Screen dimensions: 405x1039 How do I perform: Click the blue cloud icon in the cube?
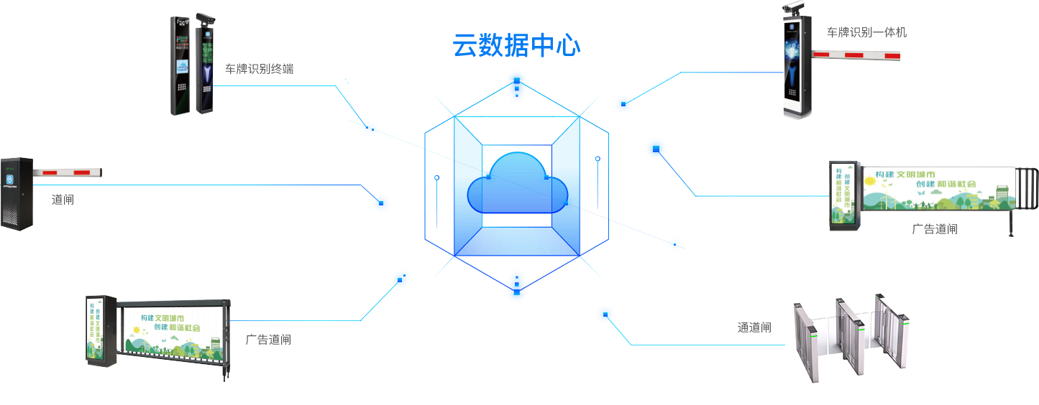click(x=518, y=185)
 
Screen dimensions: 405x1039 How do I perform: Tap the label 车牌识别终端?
click(x=259, y=70)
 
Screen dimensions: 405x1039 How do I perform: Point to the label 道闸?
click(x=63, y=200)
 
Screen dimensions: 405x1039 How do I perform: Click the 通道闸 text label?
click(x=754, y=327)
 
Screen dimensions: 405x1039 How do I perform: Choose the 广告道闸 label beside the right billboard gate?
click(x=935, y=229)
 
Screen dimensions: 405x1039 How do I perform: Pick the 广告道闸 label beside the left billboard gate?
click(x=268, y=340)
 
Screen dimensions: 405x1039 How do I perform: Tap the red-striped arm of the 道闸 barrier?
click(x=68, y=172)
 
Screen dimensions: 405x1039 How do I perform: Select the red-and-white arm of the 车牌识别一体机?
click(x=856, y=55)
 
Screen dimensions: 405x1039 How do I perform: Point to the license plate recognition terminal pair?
click(x=193, y=66)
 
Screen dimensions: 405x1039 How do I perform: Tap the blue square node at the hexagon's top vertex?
click(x=516, y=80)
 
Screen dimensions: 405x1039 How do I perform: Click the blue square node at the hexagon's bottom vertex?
click(x=516, y=292)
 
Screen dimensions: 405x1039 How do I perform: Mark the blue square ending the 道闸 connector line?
click(x=381, y=203)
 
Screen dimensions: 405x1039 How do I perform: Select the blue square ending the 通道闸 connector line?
click(x=605, y=315)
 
